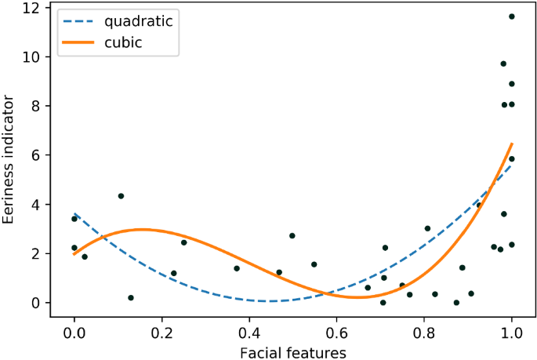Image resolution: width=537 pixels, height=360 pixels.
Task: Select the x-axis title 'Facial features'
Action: click(292, 352)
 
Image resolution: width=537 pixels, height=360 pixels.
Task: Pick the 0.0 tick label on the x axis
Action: click(74, 332)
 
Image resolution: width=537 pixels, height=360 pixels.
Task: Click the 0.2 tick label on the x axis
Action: click(161, 332)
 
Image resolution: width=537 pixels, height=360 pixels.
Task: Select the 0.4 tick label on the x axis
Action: click(249, 332)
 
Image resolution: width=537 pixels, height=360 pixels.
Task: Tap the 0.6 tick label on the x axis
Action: click(337, 332)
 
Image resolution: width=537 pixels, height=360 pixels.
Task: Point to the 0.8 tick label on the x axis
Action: click(424, 332)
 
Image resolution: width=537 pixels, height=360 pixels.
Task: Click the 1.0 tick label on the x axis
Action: click(511, 332)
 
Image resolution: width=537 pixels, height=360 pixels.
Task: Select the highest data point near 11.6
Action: click(512, 16)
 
